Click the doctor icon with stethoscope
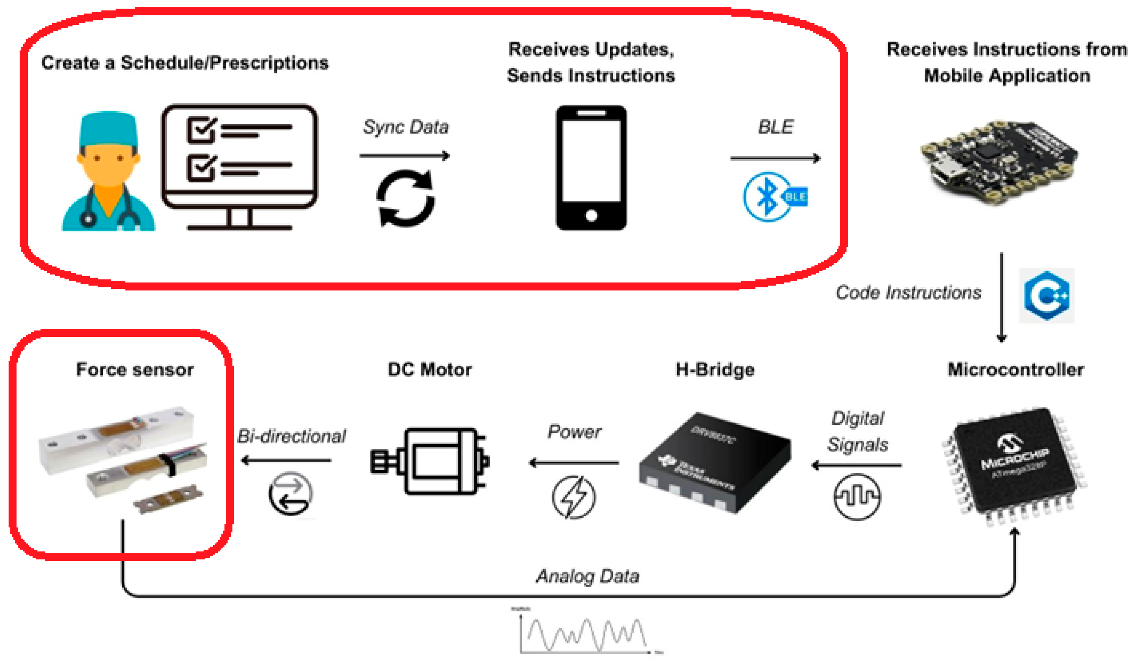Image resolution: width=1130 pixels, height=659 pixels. [109, 173]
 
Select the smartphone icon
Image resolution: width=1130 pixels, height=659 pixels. [591, 168]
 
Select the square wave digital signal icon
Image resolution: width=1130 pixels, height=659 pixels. [856, 497]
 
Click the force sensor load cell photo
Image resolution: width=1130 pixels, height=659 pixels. [123, 457]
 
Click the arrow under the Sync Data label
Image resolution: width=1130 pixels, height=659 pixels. [404, 156]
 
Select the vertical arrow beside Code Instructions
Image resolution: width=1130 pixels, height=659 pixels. [1001, 298]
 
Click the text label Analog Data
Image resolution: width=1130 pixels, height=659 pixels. [587, 576]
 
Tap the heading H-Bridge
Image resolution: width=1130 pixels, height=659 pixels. [715, 370]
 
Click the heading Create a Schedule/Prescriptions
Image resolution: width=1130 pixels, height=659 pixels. [185, 63]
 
